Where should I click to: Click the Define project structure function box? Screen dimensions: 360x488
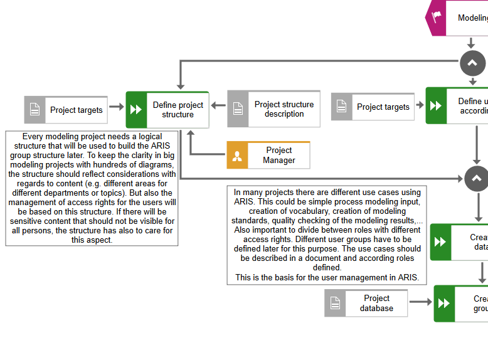pyautogui.click(x=178, y=110)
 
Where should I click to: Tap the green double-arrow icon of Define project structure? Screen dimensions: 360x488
pyautogui.click(x=136, y=110)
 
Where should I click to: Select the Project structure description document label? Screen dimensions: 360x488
pyautogui.click(x=284, y=109)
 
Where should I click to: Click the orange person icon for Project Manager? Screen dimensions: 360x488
pyautogui.click(x=237, y=156)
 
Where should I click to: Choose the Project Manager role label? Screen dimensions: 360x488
pyautogui.click(x=278, y=155)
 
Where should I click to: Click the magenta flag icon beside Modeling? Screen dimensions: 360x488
pyautogui.click(x=437, y=18)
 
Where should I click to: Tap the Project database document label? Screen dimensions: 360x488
pyautogui.click(x=376, y=303)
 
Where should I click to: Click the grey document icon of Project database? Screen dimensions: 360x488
pyautogui.click(x=335, y=303)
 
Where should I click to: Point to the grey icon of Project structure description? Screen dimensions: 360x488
pyautogui.click(x=238, y=109)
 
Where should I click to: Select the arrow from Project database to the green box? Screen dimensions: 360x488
pyautogui.click(x=420, y=302)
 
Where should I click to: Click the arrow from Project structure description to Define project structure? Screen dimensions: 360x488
pyautogui.click(x=218, y=105)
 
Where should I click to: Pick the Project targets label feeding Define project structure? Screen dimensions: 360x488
pyautogui.click(x=76, y=110)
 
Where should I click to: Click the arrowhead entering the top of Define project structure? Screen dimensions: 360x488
pyautogui.click(x=180, y=85)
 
